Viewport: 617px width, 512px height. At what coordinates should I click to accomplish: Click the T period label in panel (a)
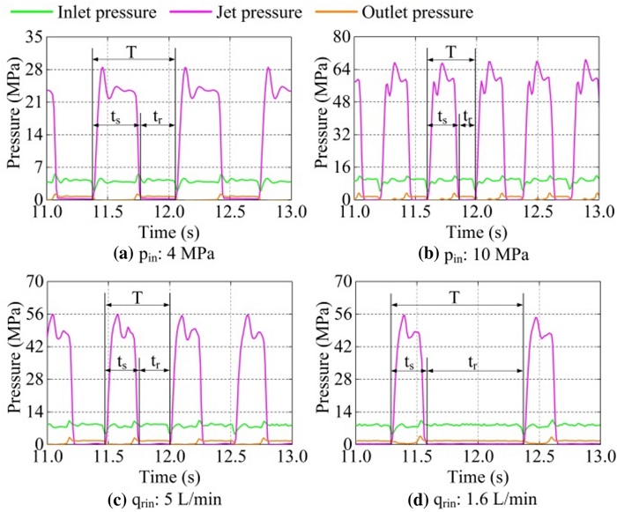click(x=131, y=51)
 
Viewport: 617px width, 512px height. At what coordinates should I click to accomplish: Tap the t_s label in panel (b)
click(x=442, y=116)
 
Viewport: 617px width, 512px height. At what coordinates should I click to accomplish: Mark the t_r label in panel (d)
click(x=473, y=361)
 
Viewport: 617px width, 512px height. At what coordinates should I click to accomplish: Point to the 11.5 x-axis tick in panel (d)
click(x=417, y=456)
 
